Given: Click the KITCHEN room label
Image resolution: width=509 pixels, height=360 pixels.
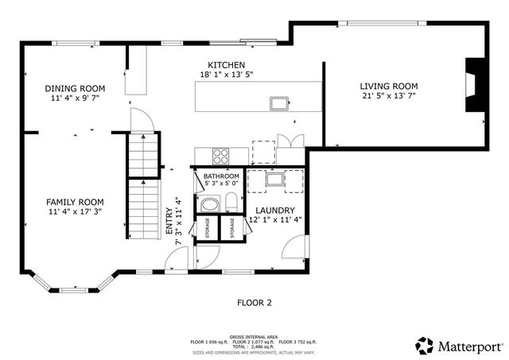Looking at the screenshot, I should coord(227,64).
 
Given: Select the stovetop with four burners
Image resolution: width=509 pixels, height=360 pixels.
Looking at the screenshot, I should coord(220,155).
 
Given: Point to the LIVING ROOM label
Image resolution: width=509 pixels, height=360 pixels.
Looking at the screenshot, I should coord(388,86).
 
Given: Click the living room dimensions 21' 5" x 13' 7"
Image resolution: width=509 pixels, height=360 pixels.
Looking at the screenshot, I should coord(388,96).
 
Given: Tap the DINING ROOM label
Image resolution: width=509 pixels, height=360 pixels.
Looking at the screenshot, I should coord(75,88).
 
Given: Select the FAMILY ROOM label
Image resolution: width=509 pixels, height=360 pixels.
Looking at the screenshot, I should coord(75,202).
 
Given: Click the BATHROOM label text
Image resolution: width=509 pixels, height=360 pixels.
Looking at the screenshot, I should coord(221,176).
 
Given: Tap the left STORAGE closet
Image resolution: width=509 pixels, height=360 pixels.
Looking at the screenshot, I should coord(207,227).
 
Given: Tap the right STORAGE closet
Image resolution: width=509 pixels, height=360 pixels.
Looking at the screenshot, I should coord(232,227).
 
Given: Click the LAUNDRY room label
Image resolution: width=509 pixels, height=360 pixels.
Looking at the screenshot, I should coord(275,210).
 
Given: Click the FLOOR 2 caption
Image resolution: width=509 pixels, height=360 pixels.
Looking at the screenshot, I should coord(254,303).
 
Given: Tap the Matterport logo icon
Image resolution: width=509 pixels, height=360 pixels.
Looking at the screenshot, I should coord(425,345).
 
